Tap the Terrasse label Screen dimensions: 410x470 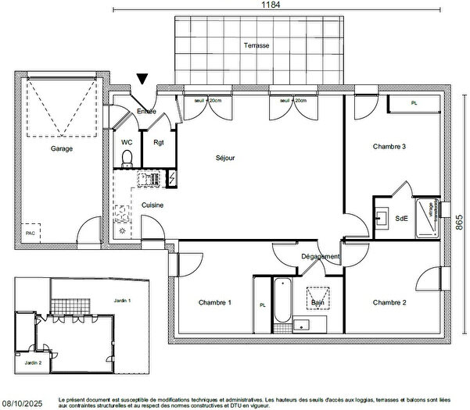click(x=256, y=45)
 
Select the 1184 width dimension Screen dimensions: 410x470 click(x=271, y=5)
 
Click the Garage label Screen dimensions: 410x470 click(x=63, y=148)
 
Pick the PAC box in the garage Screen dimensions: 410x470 click(x=31, y=232)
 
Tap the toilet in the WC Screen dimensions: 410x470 click(x=127, y=159)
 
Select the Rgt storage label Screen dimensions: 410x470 click(x=159, y=142)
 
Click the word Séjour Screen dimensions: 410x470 click(x=225, y=158)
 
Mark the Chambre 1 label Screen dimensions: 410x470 click(x=214, y=302)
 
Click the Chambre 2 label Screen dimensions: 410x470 click(x=389, y=302)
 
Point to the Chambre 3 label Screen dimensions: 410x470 click(x=389, y=147)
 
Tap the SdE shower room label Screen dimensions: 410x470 click(x=402, y=219)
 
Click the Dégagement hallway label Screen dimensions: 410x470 click(x=321, y=257)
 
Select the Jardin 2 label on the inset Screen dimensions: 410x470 click(x=31, y=362)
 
